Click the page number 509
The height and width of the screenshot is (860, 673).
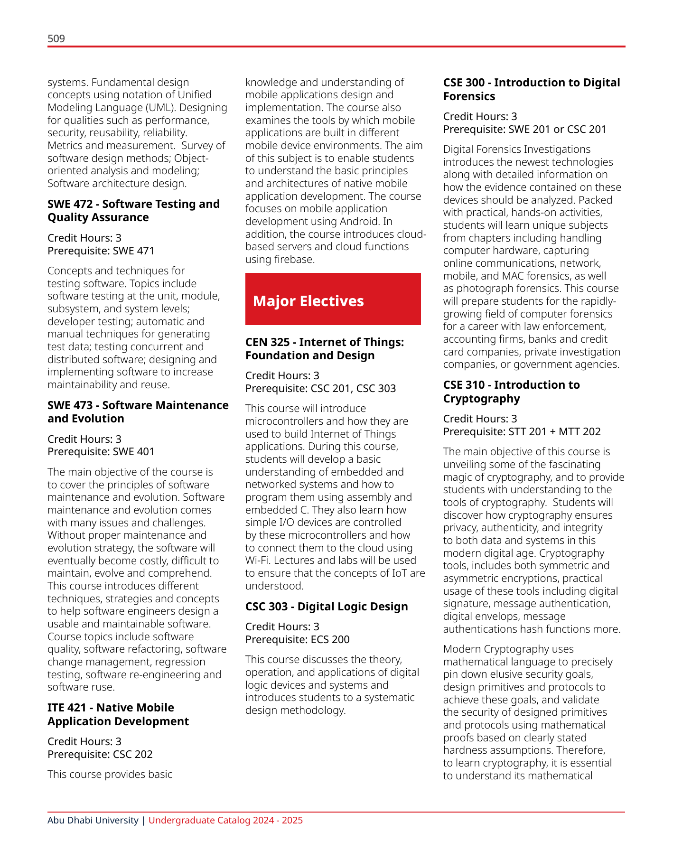[56, 38]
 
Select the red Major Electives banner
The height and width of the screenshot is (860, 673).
[333, 299]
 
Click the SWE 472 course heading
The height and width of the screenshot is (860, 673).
[133, 211]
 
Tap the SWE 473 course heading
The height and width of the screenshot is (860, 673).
[138, 412]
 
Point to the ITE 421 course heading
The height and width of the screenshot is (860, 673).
[118, 714]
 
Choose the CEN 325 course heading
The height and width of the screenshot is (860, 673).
[324, 349]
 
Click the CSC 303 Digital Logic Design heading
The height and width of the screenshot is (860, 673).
[326, 607]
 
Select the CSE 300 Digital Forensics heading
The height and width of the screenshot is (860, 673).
[531, 89]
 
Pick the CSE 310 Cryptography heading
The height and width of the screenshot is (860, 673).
[511, 392]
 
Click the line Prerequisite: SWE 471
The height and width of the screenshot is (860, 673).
[101, 251]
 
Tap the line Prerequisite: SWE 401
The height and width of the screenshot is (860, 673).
[101, 451]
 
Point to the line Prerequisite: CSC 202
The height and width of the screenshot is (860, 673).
[100, 754]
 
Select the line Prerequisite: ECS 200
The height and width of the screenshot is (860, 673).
[297, 639]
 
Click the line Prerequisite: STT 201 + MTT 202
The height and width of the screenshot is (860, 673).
[522, 431]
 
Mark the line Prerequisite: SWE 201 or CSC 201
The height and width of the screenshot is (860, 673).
[524, 129]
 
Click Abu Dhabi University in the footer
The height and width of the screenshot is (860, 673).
[93, 820]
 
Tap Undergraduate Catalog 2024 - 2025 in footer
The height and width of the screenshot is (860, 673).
[225, 820]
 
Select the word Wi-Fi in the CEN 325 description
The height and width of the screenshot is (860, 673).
[257, 561]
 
